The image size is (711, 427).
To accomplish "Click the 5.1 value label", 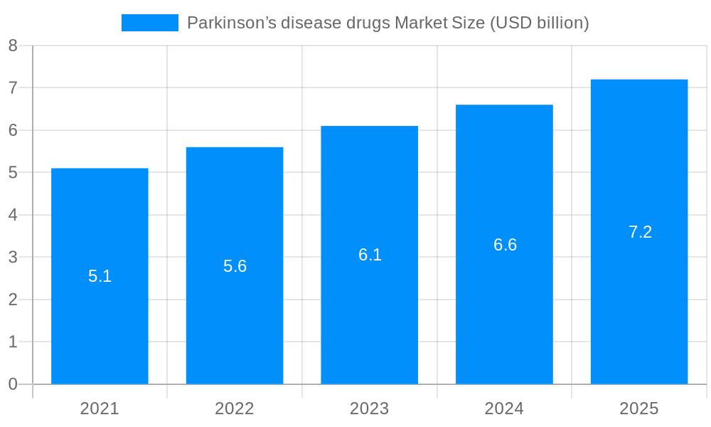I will (100, 276).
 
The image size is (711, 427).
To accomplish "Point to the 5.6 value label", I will (235, 266).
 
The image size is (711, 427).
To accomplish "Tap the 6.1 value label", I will (370, 255).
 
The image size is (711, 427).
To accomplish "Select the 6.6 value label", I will (505, 245).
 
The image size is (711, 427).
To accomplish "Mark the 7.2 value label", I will (640, 232).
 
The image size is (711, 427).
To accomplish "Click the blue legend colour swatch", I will (149, 23).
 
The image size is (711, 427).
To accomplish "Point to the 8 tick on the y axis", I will (13, 46).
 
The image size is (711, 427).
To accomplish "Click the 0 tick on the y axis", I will (13, 384).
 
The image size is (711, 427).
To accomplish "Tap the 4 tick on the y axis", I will (13, 215).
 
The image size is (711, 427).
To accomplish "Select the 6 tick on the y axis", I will (13, 130).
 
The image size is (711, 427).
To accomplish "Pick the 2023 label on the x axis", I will (369, 408).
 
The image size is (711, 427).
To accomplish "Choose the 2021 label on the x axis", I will (100, 408).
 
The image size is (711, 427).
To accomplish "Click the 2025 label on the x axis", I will (639, 408).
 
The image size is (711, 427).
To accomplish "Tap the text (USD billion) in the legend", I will (539, 23).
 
